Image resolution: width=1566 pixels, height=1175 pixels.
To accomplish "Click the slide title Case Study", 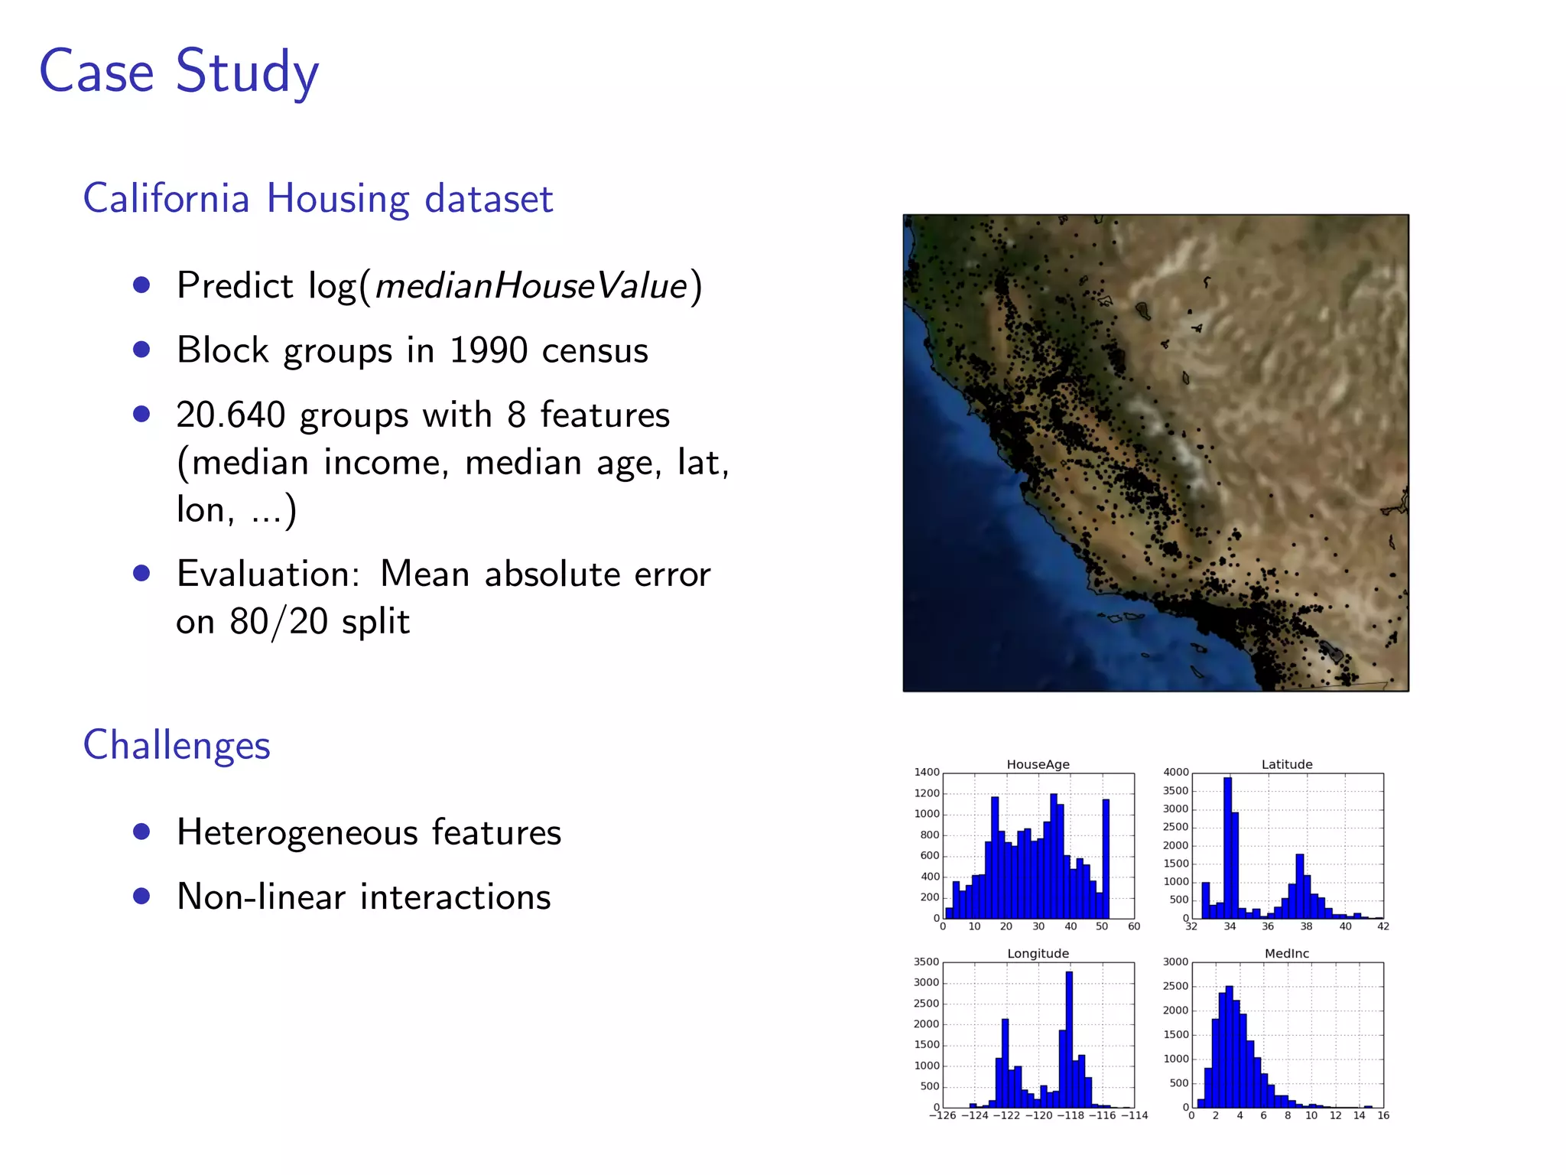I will [x=178, y=72].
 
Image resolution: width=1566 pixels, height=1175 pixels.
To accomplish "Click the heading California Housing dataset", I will [x=317, y=199].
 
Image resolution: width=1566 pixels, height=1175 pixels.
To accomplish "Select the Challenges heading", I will [x=177, y=745].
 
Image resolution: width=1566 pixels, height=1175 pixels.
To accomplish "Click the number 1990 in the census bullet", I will [x=488, y=350].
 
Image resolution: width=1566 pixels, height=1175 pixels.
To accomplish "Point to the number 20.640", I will [x=230, y=415].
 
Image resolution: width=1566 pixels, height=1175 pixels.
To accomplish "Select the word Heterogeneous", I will [x=297, y=832].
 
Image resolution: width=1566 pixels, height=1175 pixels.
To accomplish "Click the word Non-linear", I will [x=261, y=897].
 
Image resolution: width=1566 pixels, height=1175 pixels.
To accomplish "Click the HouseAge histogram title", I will [x=1038, y=764].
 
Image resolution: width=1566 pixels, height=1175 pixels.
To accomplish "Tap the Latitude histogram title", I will [x=1287, y=764].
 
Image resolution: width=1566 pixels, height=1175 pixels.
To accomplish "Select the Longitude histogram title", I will [x=1038, y=953].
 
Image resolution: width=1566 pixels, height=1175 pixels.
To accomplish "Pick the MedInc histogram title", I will [x=1287, y=953].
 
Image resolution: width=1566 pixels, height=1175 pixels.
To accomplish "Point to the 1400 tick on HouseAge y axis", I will [x=927, y=772].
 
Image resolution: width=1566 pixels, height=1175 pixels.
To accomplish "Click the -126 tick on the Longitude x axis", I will [x=942, y=1115].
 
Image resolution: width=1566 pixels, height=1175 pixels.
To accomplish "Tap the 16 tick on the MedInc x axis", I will [x=1383, y=1115].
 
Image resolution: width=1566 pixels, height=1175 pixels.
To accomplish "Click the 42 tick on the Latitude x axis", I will [x=1383, y=926].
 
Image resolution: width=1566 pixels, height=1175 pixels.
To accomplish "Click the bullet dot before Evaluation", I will [x=141, y=573].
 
